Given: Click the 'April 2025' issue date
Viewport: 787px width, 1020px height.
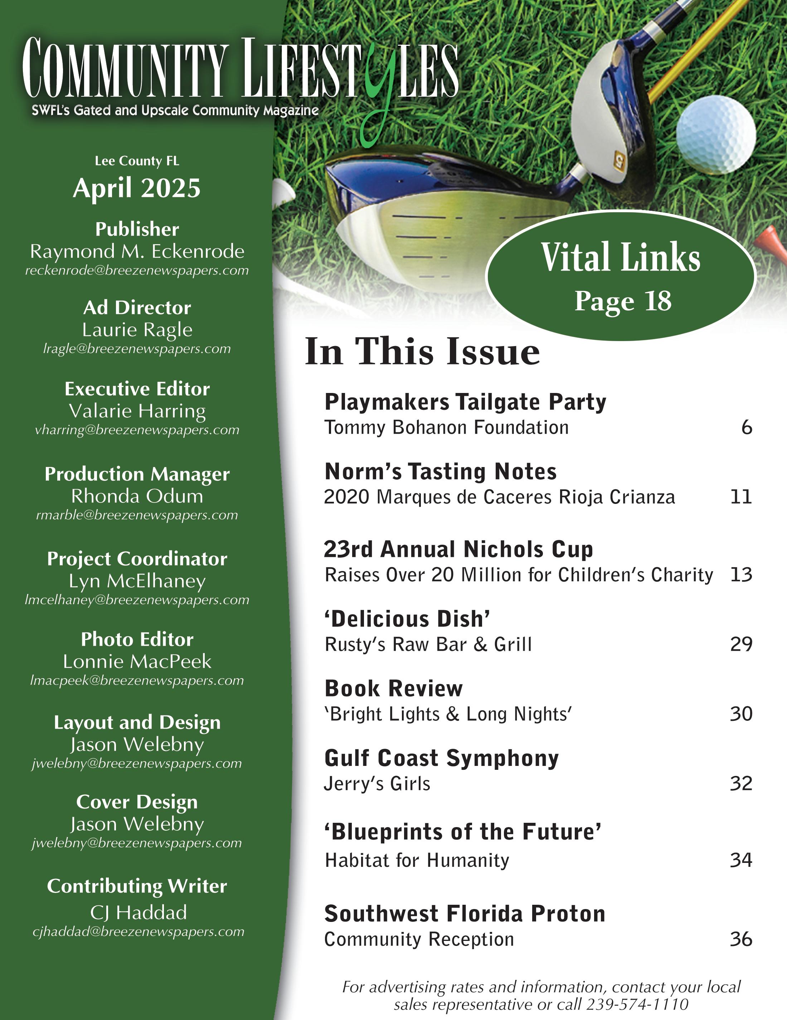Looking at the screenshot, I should (137, 188).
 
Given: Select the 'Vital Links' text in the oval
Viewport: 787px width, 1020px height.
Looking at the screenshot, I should (621, 257).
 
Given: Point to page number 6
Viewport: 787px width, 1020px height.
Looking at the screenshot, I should (746, 427).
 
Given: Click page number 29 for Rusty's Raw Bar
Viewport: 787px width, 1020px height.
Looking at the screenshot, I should (741, 644).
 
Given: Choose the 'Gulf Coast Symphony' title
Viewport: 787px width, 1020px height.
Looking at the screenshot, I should (441, 758).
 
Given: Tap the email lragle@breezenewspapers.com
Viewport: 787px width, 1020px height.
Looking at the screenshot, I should (137, 349).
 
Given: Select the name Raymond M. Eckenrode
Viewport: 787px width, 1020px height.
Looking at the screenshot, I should (137, 251).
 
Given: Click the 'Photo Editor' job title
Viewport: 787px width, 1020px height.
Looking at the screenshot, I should (137, 639).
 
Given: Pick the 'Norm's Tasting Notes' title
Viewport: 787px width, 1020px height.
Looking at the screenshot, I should (441, 472).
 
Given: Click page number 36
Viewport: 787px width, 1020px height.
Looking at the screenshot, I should (741, 939).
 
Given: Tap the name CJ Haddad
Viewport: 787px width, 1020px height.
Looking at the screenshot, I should (139, 912).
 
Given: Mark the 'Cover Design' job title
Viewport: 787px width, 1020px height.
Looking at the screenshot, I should (137, 802).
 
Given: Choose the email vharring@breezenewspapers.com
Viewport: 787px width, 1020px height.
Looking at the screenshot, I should (137, 430).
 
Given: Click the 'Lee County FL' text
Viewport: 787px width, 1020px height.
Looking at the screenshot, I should (137, 161).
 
